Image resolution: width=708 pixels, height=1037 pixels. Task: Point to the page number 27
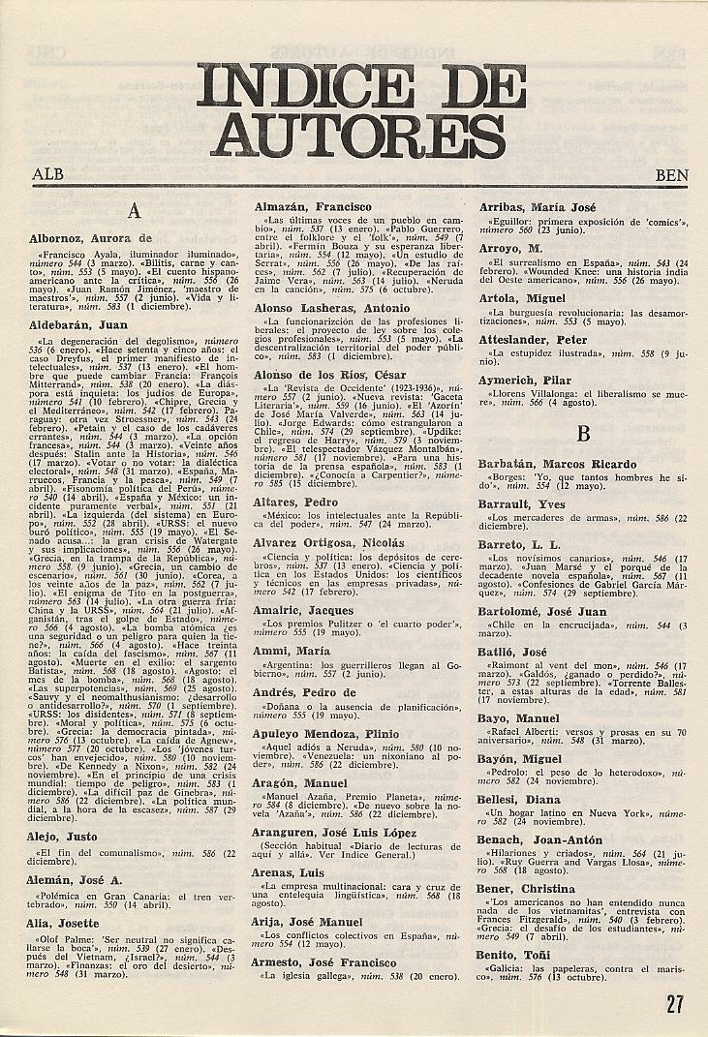point(675,1003)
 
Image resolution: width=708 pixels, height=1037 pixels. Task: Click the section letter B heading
point(583,434)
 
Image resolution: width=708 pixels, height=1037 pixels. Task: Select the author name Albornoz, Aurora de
point(92,237)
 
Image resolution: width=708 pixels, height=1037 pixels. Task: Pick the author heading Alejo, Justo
point(63,836)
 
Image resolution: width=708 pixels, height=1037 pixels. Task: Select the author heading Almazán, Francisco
point(312,207)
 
